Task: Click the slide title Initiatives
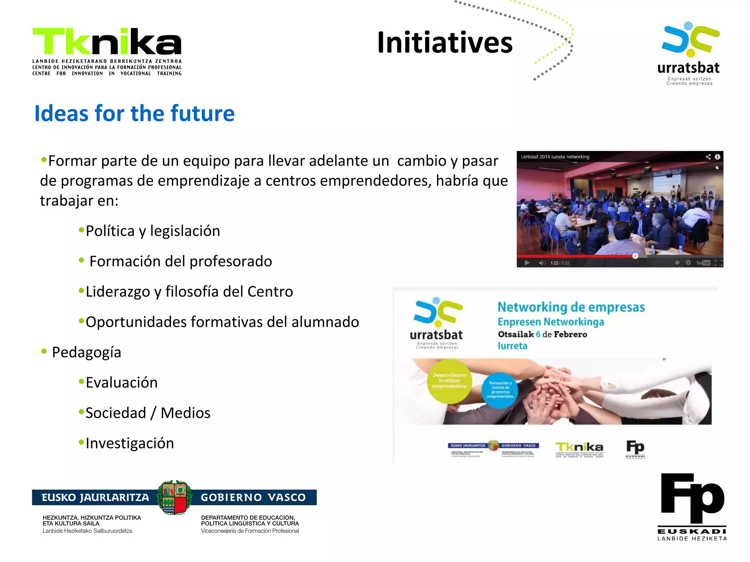point(445,43)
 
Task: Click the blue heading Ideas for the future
point(134,113)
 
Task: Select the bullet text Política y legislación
point(153,231)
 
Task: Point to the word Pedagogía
point(86,352)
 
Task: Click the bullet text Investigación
point(130,443)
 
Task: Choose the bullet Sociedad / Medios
point(148,413)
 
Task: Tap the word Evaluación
point(122,383)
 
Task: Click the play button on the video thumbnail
point(527,263)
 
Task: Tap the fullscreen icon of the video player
point(719,263)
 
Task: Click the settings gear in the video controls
point(688,263)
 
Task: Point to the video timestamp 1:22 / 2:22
point(560,263)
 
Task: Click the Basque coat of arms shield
point(174,498)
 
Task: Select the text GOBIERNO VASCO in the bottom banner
point(253,498)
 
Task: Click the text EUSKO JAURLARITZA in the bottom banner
point(95,498)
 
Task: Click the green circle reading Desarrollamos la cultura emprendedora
point(449,381)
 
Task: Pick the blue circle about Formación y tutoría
point(500,390)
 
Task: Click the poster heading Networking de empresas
point(571,307)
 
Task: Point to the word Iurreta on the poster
point(512,346)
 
